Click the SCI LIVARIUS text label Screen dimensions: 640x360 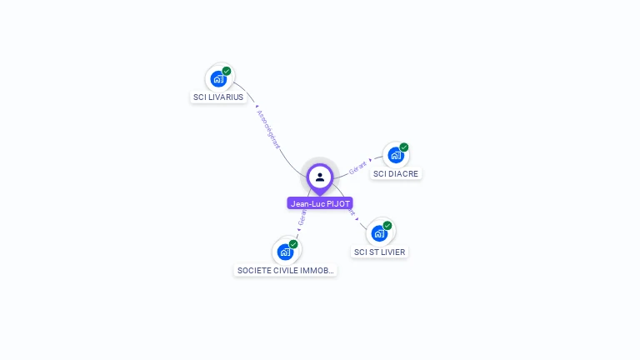click(x=218, y=97)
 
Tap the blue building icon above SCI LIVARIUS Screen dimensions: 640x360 click(x=218, y=79)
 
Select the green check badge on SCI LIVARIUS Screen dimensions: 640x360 click(x=227, y=71)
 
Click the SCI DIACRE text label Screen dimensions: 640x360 click(x=396, y=173)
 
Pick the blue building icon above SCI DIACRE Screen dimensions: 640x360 click(x=396, y=155)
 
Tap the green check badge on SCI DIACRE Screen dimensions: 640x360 click(x=404, y=147)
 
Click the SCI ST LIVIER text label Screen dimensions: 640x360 click(x=380, y=252)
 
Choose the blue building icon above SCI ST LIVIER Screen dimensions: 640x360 click(x=379, y=233)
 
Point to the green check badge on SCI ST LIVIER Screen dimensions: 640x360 click(x=387, y=225)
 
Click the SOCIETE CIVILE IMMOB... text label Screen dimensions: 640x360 click(x=286, y=270)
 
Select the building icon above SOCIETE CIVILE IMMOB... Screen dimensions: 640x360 click(x=285, y=252)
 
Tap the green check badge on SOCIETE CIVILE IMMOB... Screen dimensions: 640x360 click(x=293, y=244)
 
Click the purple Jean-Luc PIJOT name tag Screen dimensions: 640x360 click(x=320, y=203)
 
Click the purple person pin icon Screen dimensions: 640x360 click(x=320, y=177)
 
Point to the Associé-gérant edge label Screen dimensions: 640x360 click(x=268, y=129)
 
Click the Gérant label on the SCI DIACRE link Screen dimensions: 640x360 click(x=357, y=167)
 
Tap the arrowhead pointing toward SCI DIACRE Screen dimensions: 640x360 click(x=371, y=160)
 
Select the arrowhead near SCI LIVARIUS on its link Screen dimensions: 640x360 click(x=256, y=106)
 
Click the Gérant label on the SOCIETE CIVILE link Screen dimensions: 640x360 click(x=302, y=217)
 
